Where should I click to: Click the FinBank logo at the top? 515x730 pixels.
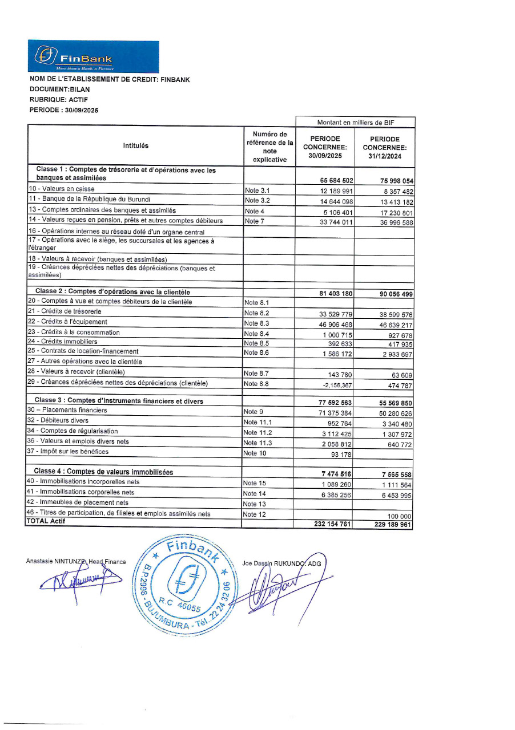click(93, 56)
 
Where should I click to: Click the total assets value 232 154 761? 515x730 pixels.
click(332, 524)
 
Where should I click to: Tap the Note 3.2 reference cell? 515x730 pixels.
click(257, 201)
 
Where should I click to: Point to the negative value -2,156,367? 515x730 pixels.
click(336, 386)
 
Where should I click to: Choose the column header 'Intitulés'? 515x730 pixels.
click(135, 145)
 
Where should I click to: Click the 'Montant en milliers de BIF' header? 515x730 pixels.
click(355, 122)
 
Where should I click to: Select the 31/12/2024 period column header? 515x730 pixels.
click(384, 147)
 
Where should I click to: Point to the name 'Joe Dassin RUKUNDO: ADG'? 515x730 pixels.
click(281, 563)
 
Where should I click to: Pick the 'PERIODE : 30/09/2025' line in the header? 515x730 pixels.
click(63, 110)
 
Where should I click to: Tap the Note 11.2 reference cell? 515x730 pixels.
click(258, 432)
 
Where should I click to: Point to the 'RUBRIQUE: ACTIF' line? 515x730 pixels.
click(58, 99)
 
